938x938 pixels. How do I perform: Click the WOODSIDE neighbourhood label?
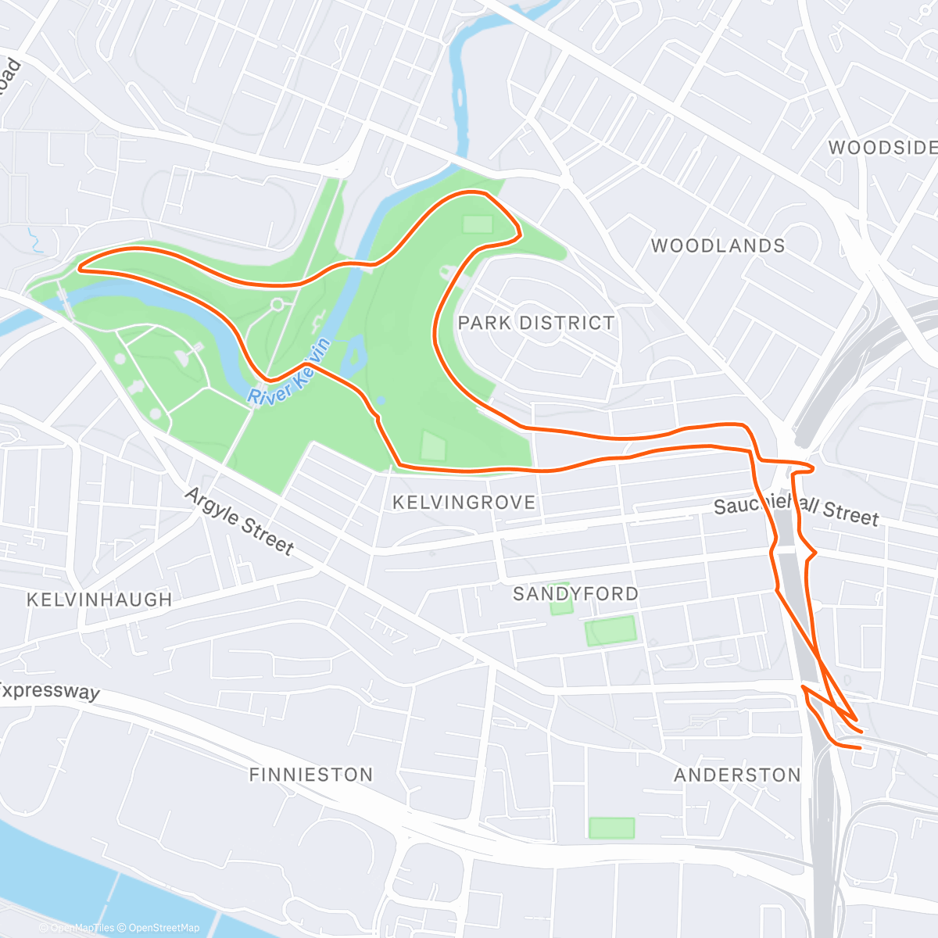(882, 148)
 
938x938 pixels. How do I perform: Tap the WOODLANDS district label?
(718, 246)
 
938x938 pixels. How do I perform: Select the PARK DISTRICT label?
(536, 323)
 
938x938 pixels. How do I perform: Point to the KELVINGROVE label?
(464, 503)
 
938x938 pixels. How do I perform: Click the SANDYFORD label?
(575, 594)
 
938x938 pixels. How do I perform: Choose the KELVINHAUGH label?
(99, 600)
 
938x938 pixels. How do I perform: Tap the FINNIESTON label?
(311, 775)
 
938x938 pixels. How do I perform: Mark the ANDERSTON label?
(737, 775)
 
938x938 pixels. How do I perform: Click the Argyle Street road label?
(239, 521)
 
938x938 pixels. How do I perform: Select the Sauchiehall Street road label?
(796, 510)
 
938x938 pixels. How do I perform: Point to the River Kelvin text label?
(290, 374)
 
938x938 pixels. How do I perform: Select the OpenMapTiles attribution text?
(82, 928)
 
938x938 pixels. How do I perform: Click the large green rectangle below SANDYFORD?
(610, 631)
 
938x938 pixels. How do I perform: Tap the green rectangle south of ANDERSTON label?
(611, 828)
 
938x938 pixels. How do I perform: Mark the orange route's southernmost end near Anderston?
(859, 748)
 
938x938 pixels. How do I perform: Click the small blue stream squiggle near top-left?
(34, 240)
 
